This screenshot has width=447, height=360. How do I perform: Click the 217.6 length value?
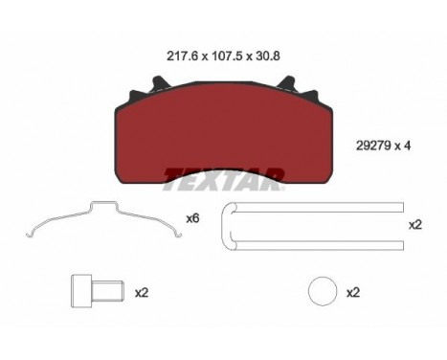coord(171,55)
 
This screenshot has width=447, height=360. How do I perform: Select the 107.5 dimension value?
coord(219,55)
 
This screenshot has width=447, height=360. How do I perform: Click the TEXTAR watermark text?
coord(223,174)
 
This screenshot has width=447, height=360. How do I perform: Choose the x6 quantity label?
coord(192,219)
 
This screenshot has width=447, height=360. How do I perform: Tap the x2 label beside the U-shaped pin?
coord(415,225)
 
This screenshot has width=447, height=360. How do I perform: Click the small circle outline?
coord(324,290)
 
